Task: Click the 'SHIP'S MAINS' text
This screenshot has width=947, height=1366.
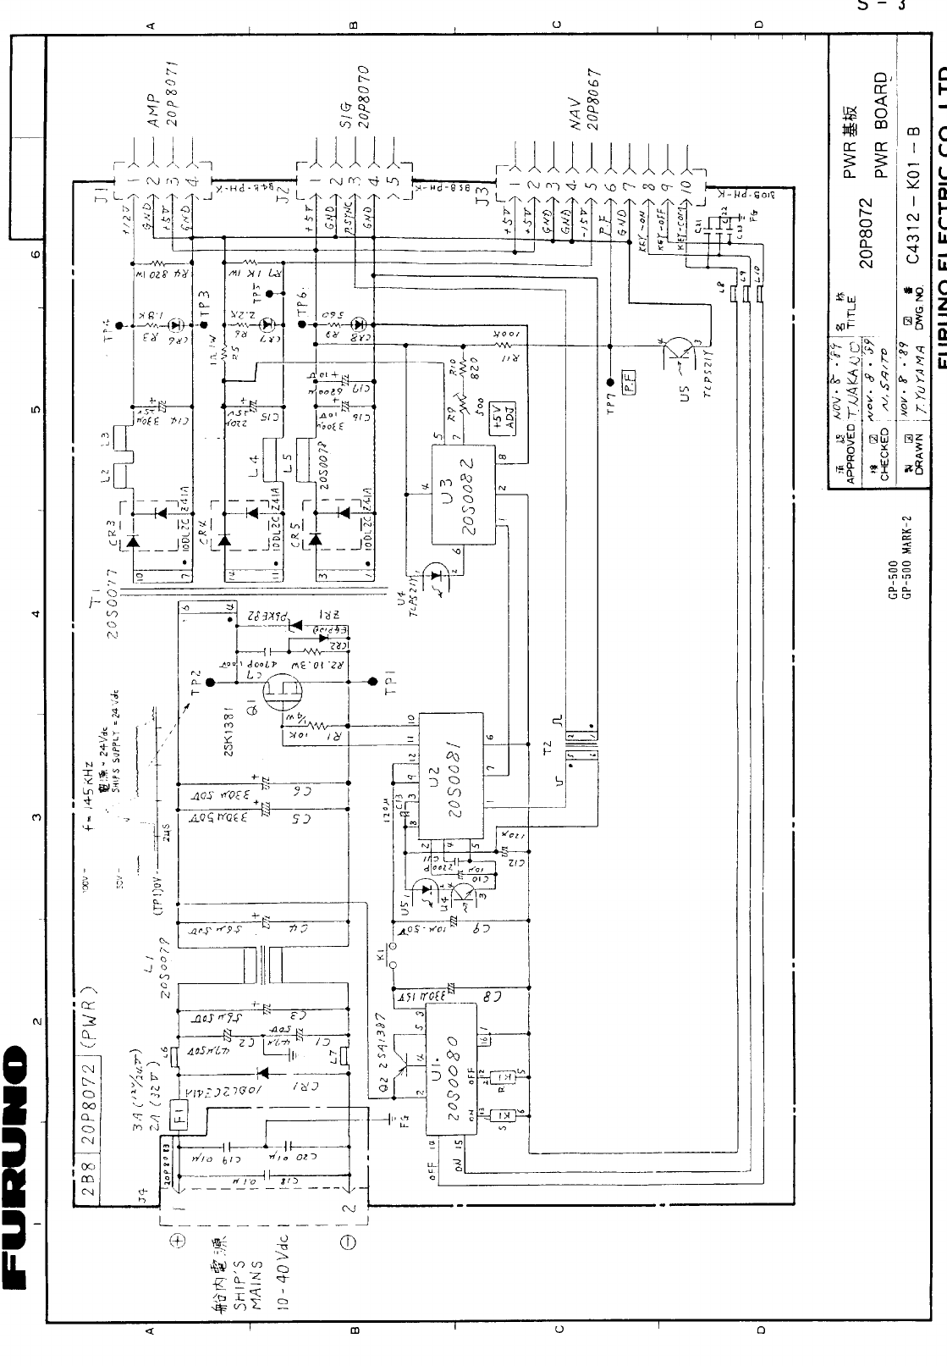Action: pos(249,1278)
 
